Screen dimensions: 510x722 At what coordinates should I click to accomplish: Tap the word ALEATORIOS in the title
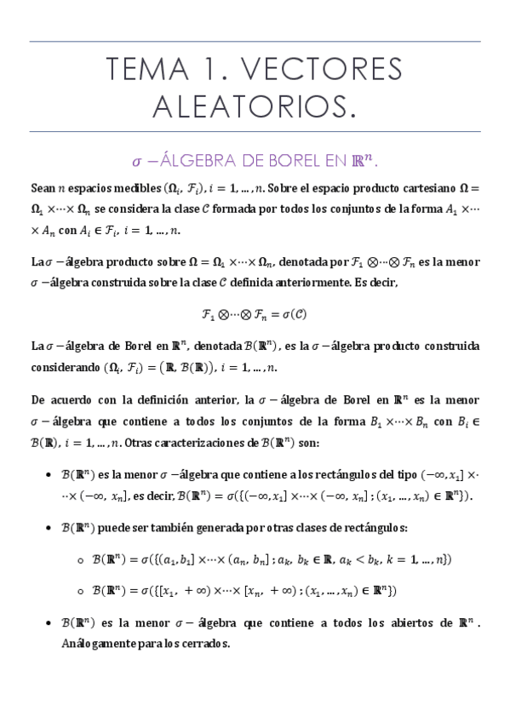click(254, 106)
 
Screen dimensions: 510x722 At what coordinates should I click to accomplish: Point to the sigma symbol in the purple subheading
click(136, 161)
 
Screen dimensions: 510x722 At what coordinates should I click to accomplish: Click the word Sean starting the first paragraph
click(43, 187)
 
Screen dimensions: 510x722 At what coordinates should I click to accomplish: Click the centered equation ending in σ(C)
click(254, 313)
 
